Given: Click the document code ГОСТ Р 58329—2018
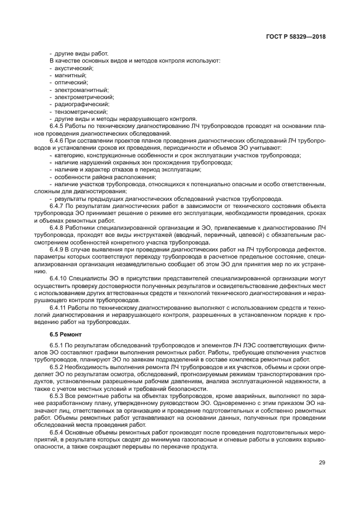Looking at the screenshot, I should click(x=292, y=36).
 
